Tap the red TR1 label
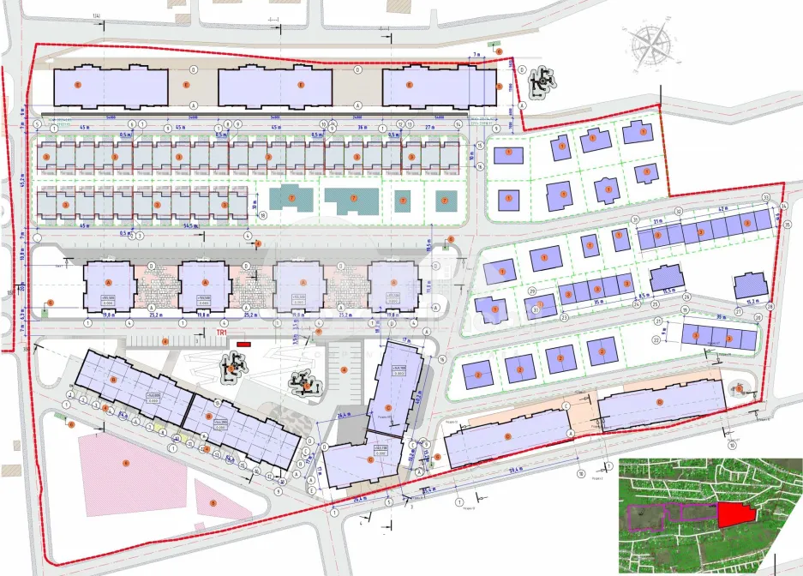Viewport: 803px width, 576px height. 222,333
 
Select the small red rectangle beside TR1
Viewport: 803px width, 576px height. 243,344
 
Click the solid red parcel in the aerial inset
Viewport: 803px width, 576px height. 734,514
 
